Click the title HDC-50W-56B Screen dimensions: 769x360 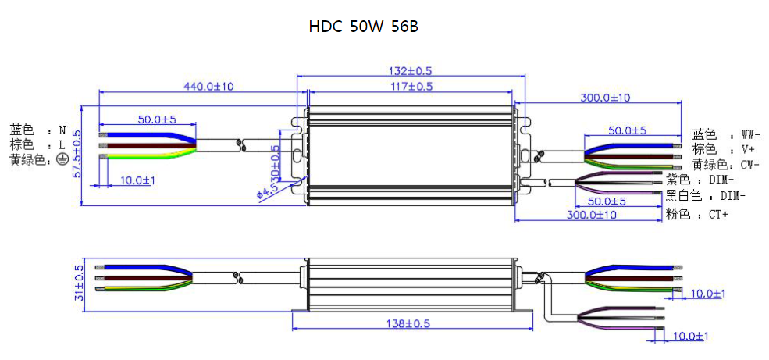(x=363, y=27)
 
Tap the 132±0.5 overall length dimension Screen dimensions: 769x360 (x=411, y=71)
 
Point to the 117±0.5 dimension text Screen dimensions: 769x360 (x=411, y=87)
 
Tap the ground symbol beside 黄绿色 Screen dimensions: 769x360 (x=62, y=160)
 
